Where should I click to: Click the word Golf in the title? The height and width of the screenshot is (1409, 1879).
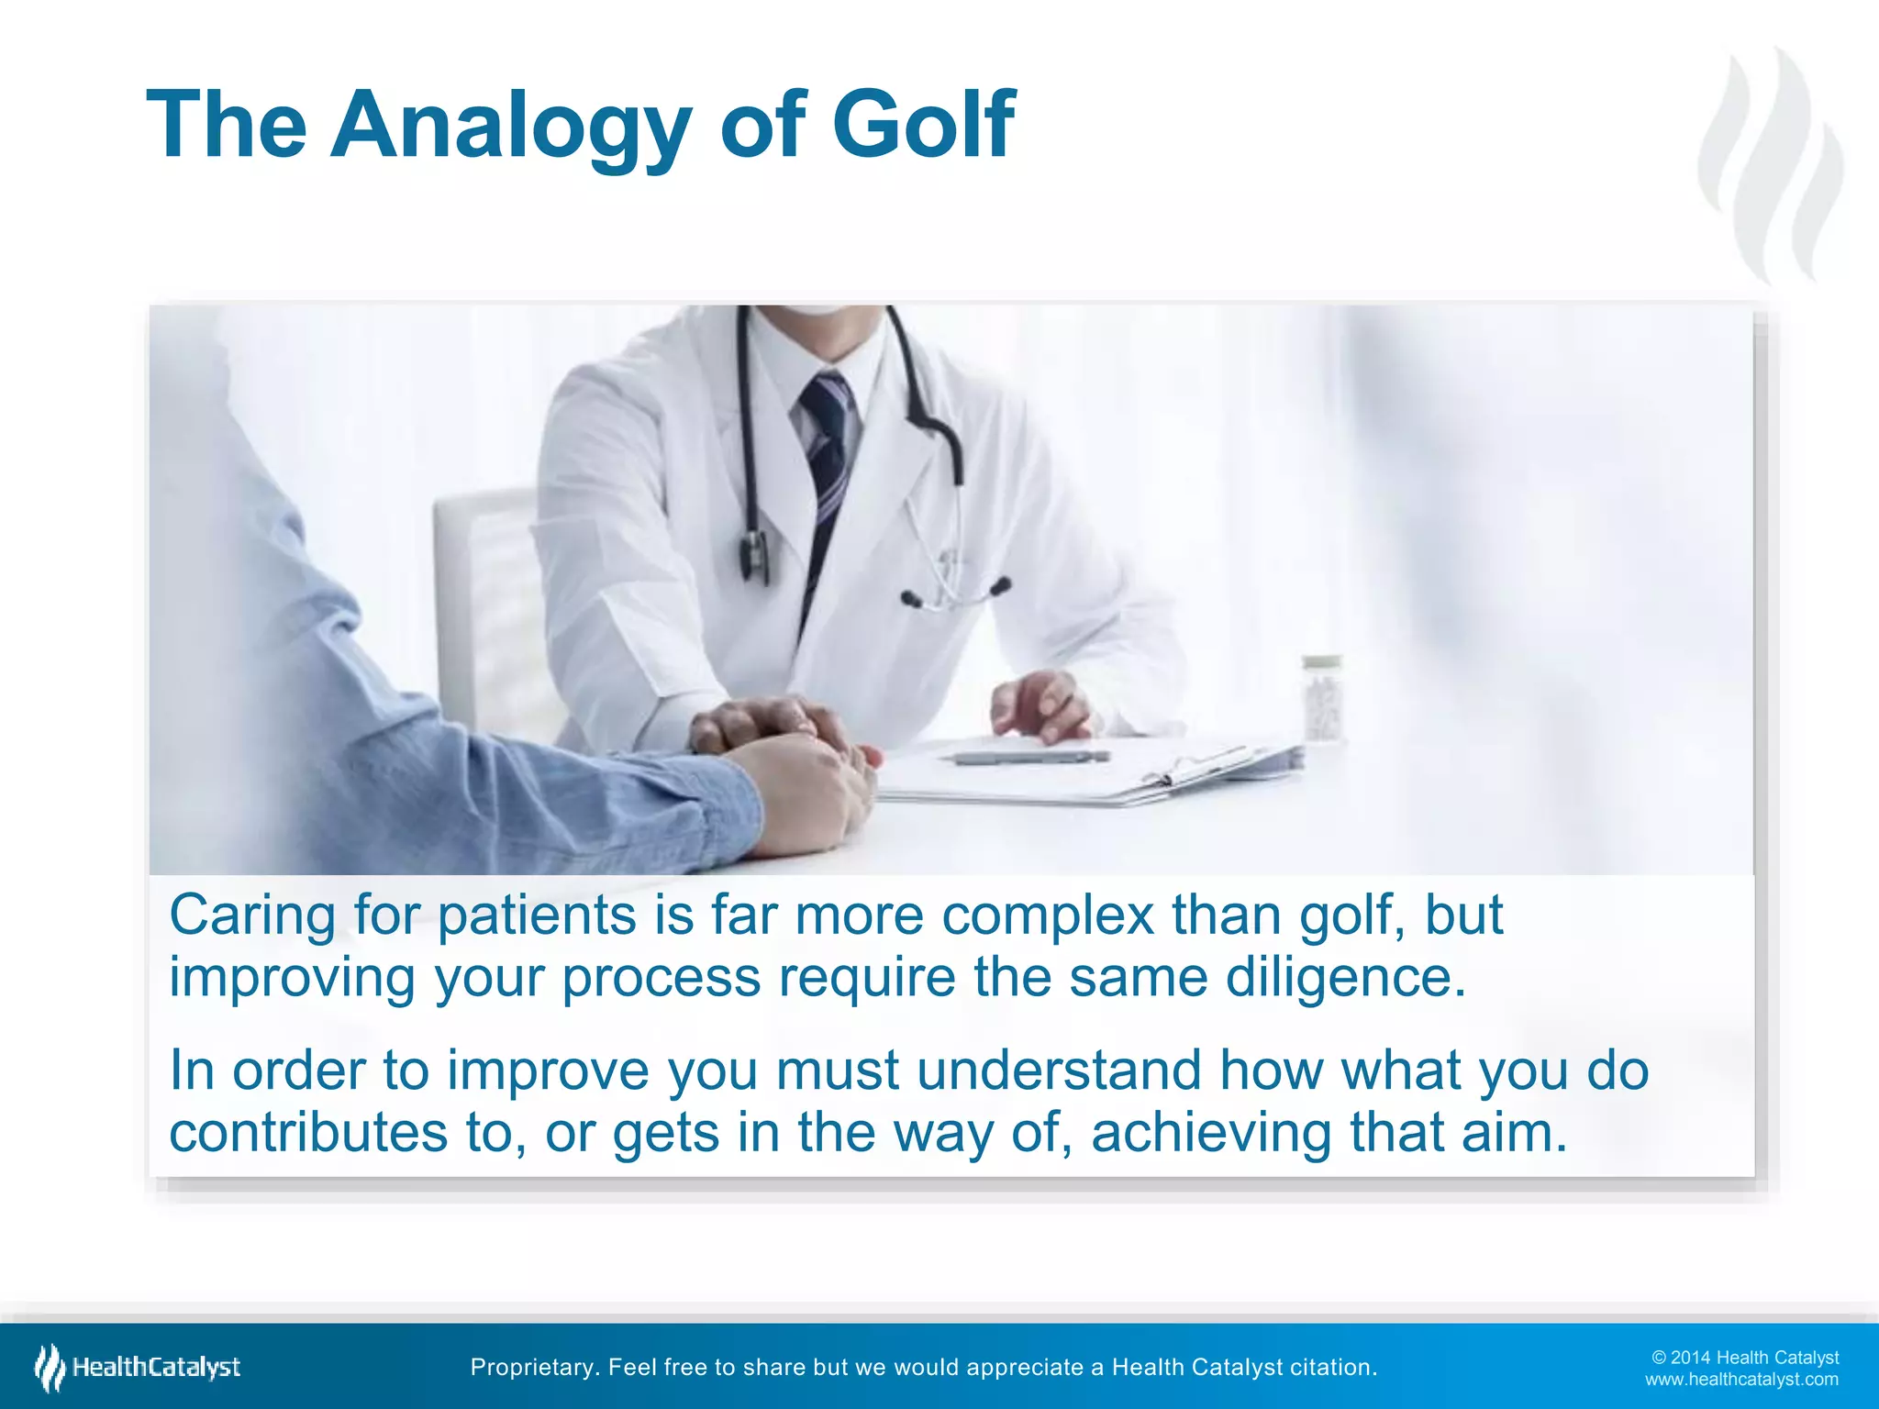pos(922,126)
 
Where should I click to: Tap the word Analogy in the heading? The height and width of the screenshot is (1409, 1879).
pos(510,126)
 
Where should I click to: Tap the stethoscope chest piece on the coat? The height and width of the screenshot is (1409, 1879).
pos(754,555)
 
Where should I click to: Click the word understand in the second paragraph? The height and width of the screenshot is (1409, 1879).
pos(1059,1071)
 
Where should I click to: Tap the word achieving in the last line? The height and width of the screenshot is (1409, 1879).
pos(1211,1133)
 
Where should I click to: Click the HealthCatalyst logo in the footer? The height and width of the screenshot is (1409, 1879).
pos(138,1368)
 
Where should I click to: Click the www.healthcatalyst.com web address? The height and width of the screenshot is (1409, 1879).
pos(1740,1380)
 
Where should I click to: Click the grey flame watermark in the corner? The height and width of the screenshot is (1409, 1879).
pos(1771,165)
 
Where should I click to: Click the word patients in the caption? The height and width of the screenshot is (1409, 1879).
pos(537,915)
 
